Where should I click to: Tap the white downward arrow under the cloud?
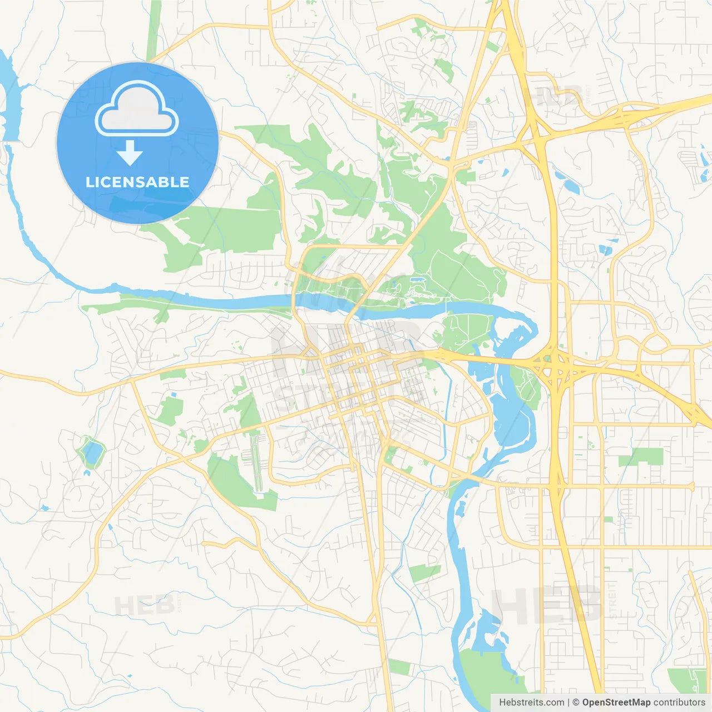pos(130,152)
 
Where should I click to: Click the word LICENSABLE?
pos(137,182)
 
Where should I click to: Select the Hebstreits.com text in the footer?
pos(531,703)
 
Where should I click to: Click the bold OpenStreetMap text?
pos(616,703)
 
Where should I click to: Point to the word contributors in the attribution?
pos(679,703)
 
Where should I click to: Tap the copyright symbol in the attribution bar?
pos(576,703)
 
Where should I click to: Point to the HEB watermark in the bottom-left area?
pos(145,605)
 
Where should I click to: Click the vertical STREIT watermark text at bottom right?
pos(612,601)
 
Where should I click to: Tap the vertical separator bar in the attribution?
pos(568,703)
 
